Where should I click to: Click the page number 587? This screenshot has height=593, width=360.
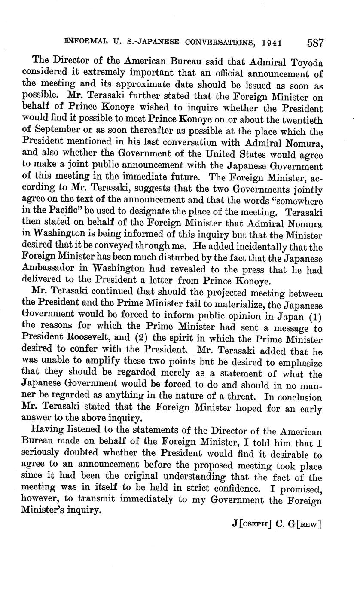click(x=315, y=43)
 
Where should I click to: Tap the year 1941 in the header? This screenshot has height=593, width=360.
click(x=272, y=43)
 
